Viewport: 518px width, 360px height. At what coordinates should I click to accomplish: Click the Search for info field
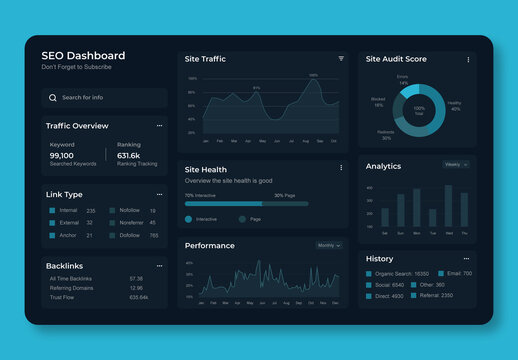[x=104, y=98]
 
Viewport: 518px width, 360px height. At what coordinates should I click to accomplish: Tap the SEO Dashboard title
[x=83, y=56]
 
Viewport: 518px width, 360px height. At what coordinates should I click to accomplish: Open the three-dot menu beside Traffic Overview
[x=159, y=126]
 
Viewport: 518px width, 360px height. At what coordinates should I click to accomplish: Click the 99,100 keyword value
[x=61, y=155]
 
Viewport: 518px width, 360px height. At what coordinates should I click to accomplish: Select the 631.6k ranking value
[x=129, y=155]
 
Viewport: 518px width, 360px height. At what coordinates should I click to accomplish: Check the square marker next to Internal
[x=53, y=211]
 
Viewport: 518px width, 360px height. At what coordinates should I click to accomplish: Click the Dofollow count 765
[x=153, y=235]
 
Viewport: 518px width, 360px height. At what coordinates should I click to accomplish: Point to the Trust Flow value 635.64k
[x=138, y=297]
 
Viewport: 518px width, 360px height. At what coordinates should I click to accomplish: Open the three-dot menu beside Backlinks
[x=159, y=266]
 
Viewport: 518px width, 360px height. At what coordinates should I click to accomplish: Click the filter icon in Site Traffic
[x=341, y=59]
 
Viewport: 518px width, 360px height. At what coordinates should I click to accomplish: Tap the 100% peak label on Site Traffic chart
[x=313, y=75]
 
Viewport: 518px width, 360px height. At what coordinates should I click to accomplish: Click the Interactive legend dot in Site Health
[x=189, y=218]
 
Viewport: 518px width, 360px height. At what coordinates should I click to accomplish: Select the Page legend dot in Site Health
[x=242, y=218]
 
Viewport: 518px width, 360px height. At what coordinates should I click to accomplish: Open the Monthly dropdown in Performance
[x=329, y=245]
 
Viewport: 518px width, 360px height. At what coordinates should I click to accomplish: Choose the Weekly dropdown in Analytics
[x=455, y=164]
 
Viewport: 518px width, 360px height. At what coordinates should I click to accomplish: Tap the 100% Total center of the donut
[x=419, y=110]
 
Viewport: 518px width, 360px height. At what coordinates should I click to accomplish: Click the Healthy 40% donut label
[x=455, y=106]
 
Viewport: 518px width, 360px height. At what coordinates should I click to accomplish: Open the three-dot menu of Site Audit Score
[x=467, y=60]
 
